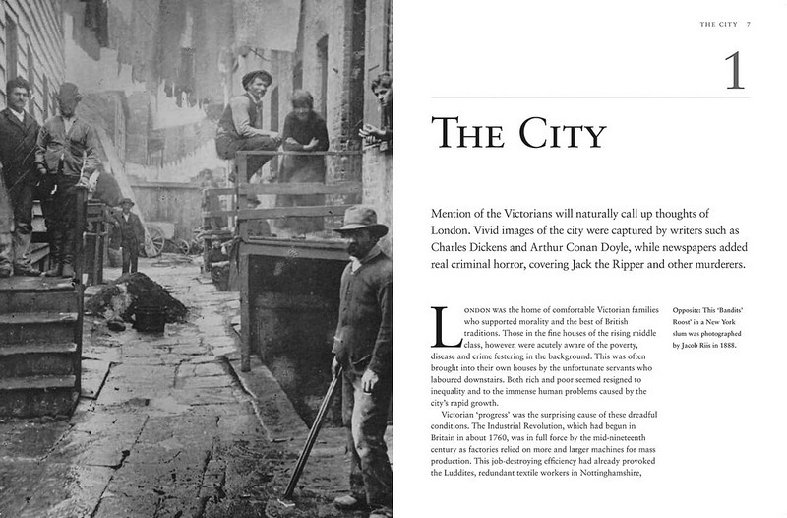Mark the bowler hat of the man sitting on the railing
(x=256, y=78)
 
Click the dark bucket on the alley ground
(x=150, y=319)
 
